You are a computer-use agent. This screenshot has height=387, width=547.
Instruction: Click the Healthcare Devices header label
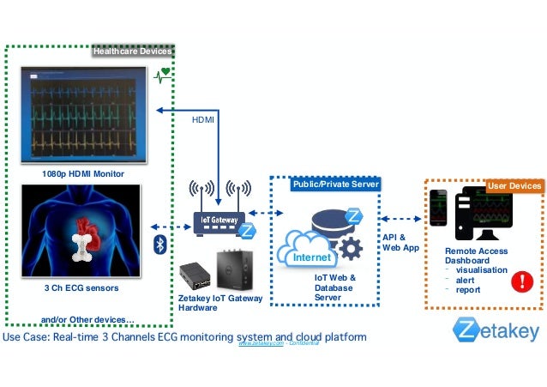point(133,51)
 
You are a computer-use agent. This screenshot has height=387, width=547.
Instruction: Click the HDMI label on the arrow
point(203,121)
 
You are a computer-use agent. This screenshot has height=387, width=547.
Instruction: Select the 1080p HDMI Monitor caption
point(83,174)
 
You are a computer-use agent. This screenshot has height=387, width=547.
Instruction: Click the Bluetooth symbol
point(159,245)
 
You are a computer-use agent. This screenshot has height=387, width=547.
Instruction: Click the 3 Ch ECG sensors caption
point(81,289)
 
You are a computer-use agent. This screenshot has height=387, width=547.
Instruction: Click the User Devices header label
point(514,185)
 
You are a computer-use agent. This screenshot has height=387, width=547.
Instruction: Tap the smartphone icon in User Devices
point(439,211)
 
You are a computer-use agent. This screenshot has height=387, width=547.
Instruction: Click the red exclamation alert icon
point(520,281)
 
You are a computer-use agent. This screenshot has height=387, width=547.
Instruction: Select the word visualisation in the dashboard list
point(481,269)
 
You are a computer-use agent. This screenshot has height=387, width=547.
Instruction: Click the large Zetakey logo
point(497,330)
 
